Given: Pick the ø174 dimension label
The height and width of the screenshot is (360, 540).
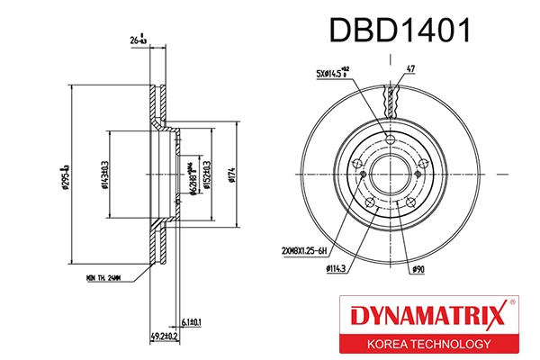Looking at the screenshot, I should pyautogui.click(x=232, y=169).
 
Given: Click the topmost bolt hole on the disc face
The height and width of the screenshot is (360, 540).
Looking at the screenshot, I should pyautogui.click(x=390, y=138).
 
